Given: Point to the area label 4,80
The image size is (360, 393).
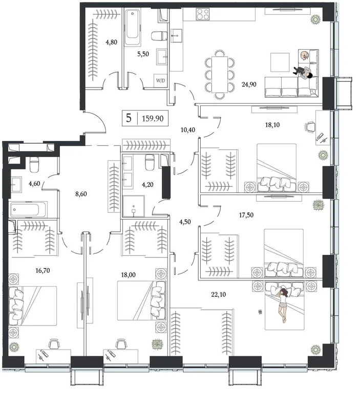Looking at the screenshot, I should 112,43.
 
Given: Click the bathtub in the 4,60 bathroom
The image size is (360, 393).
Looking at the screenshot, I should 28,209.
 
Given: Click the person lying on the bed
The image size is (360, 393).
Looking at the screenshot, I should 282,303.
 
